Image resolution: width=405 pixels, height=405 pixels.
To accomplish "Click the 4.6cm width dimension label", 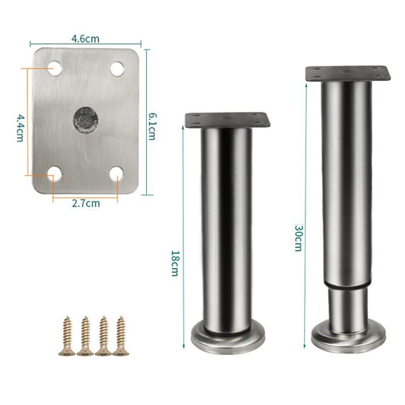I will point(85,39).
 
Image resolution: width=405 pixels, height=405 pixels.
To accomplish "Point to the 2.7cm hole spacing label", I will point(85,204).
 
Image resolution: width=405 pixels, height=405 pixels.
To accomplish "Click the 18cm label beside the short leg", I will point(175,263).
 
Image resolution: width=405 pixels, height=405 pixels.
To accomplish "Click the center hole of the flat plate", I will point(86,119).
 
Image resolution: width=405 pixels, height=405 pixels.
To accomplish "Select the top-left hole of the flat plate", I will point(55,68).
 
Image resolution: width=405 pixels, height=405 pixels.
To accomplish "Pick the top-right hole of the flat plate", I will point(117,69).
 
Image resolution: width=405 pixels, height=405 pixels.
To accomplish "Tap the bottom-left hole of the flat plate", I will point(54,174).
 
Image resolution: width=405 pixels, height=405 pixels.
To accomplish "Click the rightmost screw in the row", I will point(120,336).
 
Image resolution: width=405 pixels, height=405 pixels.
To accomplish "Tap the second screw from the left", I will point(85,336).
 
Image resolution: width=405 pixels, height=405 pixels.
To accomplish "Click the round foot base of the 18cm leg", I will point(228,343).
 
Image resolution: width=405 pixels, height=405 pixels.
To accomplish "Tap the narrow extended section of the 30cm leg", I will point(347,304).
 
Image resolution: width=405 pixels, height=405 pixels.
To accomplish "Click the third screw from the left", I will point(103,336).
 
